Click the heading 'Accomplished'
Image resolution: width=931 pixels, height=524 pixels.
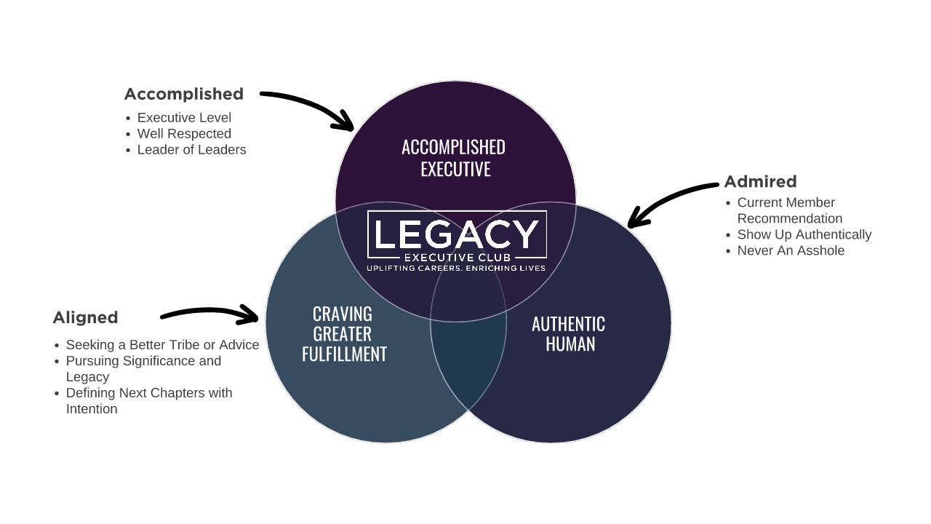click(183, 94)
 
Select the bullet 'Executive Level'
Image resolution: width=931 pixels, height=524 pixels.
click(184, 118)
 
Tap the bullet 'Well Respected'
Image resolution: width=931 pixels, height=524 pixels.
click(184, 134)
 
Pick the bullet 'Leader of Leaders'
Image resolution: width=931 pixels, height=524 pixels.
click(191, 150)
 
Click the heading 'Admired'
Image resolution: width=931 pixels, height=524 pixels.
click(760, 181)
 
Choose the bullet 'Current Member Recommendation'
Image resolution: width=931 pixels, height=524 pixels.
click(788, 210)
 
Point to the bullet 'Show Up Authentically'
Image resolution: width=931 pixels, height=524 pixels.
click(804, 234)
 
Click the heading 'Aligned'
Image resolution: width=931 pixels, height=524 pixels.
click(85, 317)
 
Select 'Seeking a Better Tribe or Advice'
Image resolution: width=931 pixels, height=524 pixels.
click(162, 345)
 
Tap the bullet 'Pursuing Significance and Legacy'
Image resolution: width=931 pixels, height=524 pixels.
click(143, 368)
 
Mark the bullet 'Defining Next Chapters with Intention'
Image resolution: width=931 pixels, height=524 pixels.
click(148, 401)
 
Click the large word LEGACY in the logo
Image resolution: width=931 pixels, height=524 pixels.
click(457, 234)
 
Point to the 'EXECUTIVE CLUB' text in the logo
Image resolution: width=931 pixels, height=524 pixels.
click(457, 257)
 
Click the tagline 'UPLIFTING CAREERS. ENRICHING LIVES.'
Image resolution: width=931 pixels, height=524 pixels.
click(456, 269)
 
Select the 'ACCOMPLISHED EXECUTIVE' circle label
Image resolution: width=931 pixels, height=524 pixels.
click(454, 158)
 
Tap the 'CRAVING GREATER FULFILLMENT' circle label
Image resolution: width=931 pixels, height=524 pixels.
click(343, 334)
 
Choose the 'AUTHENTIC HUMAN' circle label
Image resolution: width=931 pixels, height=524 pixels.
click(568, 334)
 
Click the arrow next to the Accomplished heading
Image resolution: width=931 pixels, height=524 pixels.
click(308, 108)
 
